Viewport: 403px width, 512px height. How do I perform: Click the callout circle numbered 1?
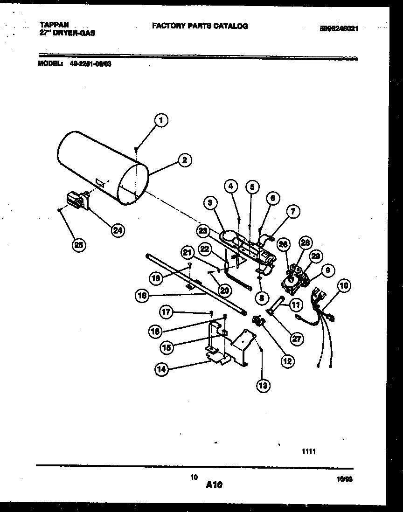pos(161,121)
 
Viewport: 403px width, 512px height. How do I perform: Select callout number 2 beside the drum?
pos(185,160)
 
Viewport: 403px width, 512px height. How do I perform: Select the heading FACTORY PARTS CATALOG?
pos(200,26)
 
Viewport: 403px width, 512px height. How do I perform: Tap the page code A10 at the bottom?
pos(214,485)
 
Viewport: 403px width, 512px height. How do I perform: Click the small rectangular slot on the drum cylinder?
pos(98,180)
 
